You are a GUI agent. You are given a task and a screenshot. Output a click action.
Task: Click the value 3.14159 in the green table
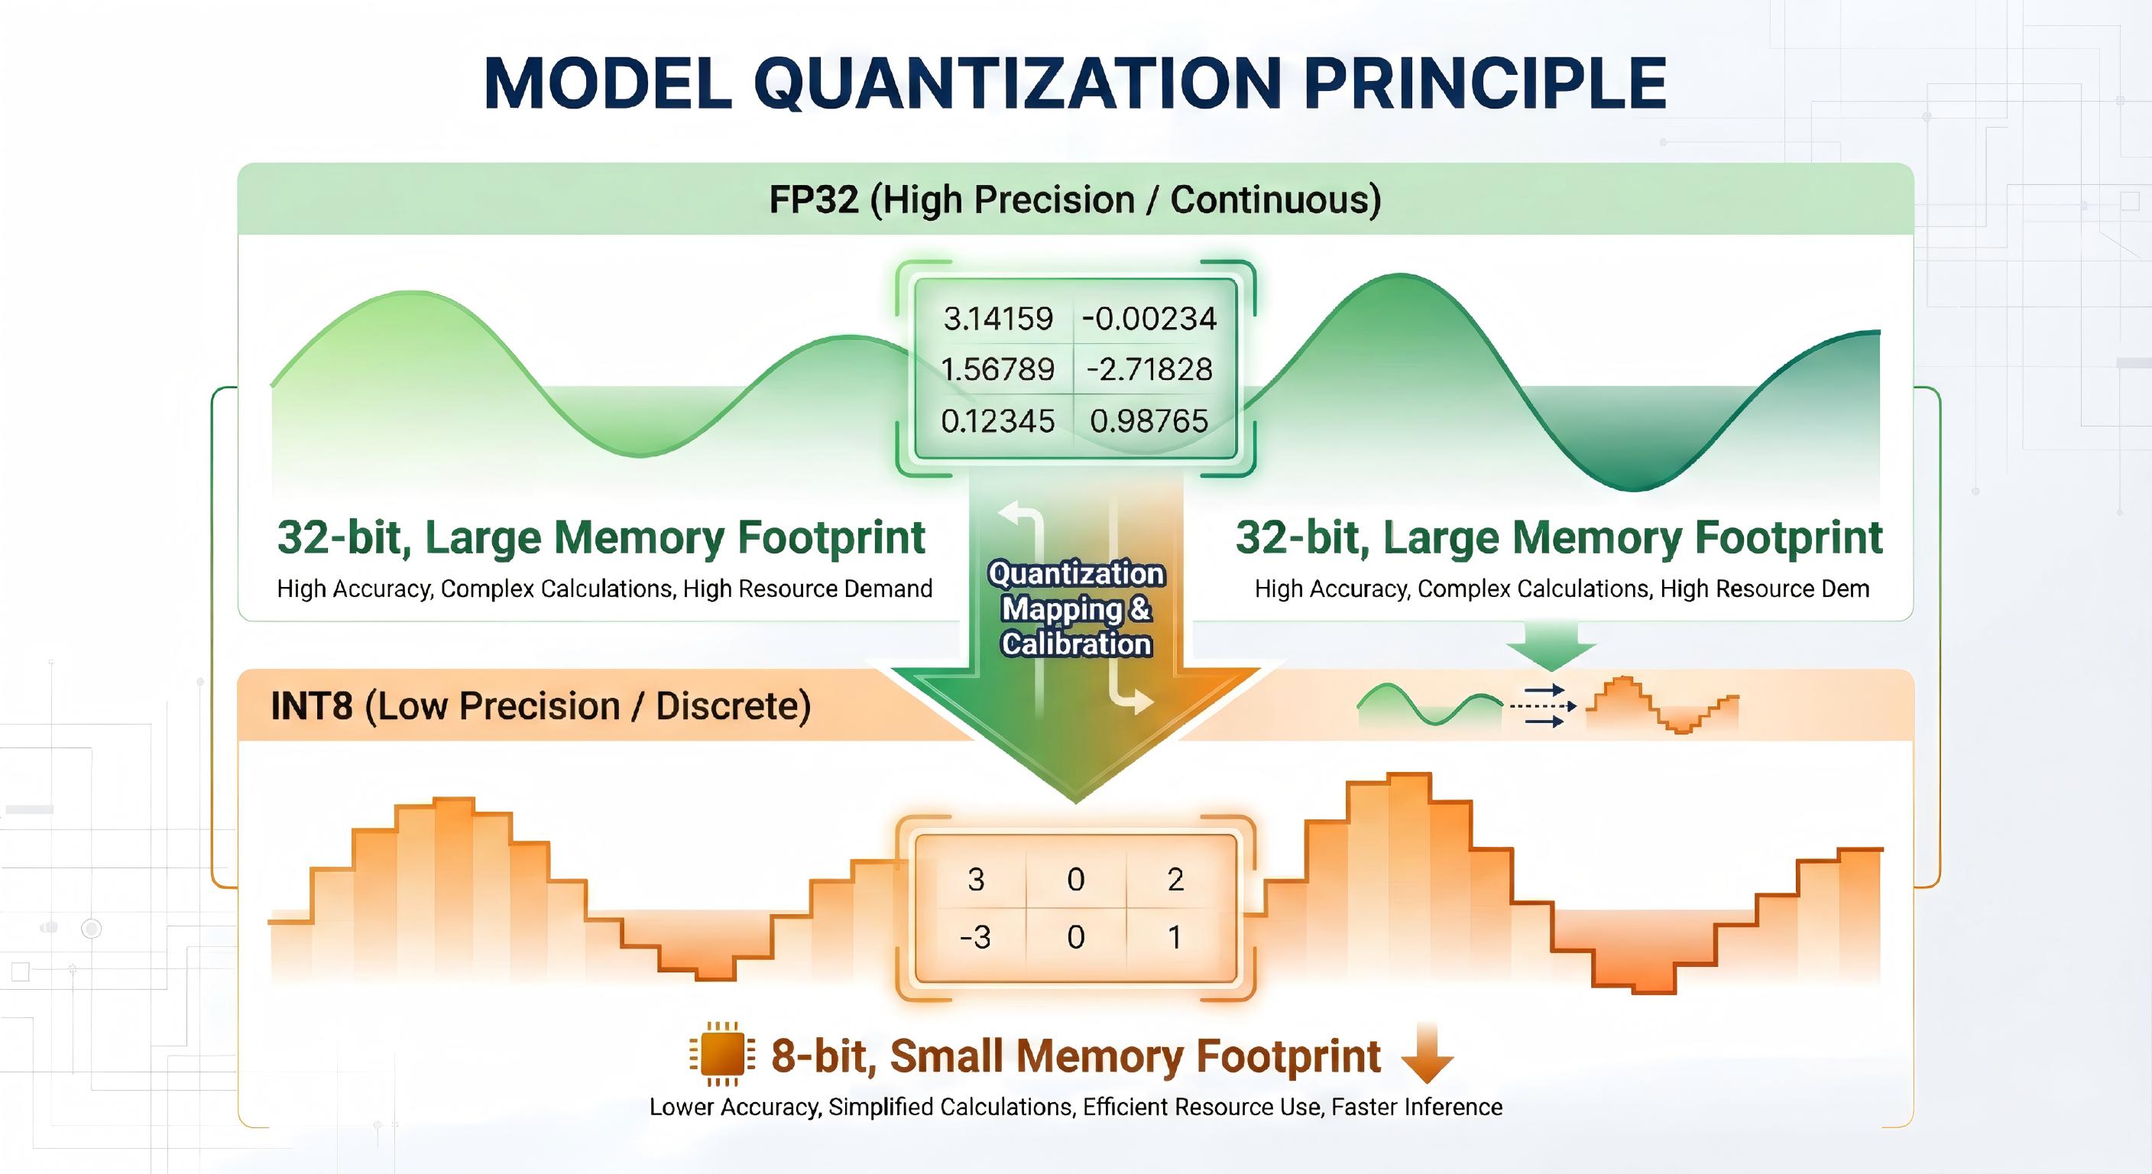tap(998, 319)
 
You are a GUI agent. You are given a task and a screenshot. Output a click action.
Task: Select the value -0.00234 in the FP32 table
tap(1149, 319)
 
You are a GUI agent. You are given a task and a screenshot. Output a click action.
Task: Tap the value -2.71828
tap(1149, 369)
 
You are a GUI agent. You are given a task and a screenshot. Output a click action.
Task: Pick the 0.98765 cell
tap(1149, 421)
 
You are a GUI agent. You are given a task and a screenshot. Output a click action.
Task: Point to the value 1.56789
tap(998, 369)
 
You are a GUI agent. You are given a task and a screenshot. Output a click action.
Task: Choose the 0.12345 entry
tap(998, 421)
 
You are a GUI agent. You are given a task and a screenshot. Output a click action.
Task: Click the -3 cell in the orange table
tap(975, 938)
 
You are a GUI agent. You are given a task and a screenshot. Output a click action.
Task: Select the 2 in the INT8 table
tap(1175, 880)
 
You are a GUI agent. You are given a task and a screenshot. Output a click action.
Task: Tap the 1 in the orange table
tap(1175, 938)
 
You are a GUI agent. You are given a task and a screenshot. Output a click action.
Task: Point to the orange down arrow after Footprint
tap(1427, 1055)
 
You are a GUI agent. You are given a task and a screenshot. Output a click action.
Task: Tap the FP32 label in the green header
tap(814, 200)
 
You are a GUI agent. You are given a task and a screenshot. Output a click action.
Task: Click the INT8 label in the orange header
tap(312, 706)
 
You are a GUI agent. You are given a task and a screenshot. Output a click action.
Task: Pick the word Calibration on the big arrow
tap(1077, 644)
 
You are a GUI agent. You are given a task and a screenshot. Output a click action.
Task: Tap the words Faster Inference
tap(1417, 1108)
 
